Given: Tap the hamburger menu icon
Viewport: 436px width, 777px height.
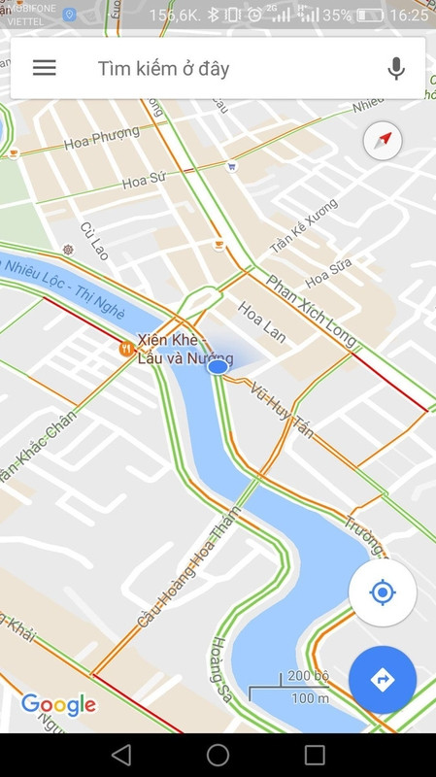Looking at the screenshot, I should [x=45, y=68].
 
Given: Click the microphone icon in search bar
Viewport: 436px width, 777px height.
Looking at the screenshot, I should [x=395, y=68].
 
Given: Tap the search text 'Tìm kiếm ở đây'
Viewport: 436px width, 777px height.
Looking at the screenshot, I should [x=163, y=68].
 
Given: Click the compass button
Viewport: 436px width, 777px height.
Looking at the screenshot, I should [x=383, y=141].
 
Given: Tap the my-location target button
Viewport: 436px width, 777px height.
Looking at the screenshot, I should [x=383, y=592].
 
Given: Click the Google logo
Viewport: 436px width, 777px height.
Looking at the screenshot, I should [x=58, y=704].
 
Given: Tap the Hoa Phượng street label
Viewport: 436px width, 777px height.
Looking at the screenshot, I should [x=101, y=143].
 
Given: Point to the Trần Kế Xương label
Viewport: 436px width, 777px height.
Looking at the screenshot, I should [x=304, y=225].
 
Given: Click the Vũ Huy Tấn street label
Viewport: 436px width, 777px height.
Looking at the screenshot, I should [x=282, y=409].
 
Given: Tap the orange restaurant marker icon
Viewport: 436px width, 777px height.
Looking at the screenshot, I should [x=126, y=348].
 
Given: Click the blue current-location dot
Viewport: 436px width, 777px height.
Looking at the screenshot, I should [x=218, y=367].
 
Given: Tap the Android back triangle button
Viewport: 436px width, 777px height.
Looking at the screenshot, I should [x=121, y=755].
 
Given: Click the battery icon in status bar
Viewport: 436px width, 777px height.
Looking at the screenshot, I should [x=370, y=15].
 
